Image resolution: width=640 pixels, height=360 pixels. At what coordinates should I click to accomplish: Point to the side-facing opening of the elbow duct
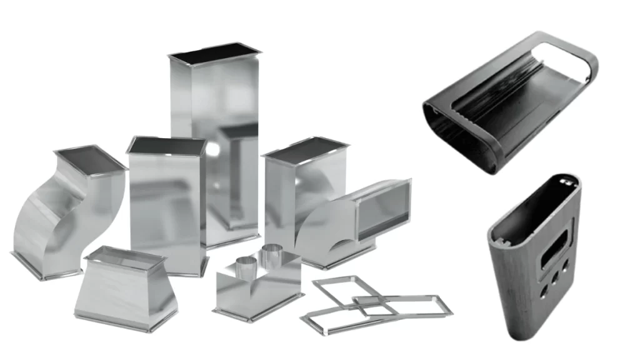point(382,207)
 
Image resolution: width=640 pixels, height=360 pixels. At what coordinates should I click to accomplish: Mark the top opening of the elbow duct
point(304,151)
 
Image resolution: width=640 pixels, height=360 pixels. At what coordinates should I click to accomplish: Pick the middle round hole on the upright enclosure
point(554,274)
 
